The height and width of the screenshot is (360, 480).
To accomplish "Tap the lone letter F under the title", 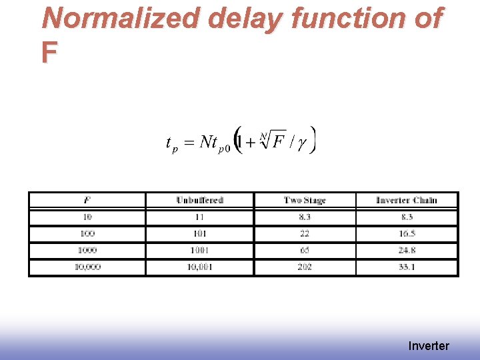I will pyautogui.click(x=49, y=52).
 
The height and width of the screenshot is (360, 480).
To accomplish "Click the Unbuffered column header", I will pyautogui.click(x=199, y=200).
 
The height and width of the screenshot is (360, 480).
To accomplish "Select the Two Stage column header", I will pyautogui.click(x=305, y=200).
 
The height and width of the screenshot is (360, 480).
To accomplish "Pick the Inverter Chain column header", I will pyautogui.click(x=407, y=200).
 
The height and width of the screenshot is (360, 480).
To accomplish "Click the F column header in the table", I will pyautogui.click(x=87, y=200).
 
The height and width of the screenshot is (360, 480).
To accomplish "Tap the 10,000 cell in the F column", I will pyautogui.click(x=87, y=267).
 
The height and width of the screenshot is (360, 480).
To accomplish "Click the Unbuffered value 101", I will pyautogui.click(x=199, y=234).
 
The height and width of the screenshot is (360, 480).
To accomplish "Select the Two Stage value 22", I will pyautogui.click(x=305, y=234).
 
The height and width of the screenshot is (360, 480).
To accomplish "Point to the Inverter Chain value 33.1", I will pyautogui.click(x=407, y=267).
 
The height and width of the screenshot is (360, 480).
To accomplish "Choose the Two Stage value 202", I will pyautogui.click(x=305, y=267).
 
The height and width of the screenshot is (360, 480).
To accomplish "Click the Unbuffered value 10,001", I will pyautogui.click(x=199, y=267).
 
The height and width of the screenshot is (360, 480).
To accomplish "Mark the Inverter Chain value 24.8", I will pyautogui.click(x=407, y=251).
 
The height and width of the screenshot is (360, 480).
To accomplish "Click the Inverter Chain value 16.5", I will pyautogui.click(x=407, y=234).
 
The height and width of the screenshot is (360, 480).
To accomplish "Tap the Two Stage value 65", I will pyautogui.click(x=305, y=251).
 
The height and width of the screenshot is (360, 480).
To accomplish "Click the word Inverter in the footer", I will pyautogui.click(x=429, y=345).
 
